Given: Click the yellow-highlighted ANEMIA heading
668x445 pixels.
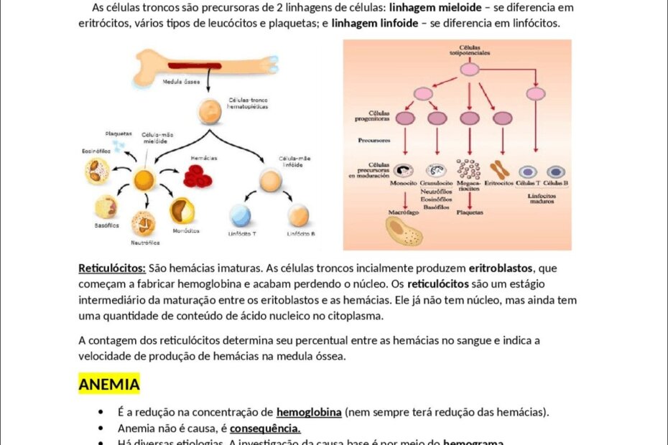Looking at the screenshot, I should point(108,385).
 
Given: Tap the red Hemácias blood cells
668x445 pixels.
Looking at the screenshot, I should point(198,176).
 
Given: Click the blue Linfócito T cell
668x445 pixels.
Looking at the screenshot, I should point(240,215).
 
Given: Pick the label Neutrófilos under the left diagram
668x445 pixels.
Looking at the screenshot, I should point(144,243).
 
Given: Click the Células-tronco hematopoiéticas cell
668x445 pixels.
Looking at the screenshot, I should point(208,112).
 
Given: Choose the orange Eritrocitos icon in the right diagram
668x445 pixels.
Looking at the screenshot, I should point(499,170).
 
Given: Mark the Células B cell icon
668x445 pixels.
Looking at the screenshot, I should point(555,172).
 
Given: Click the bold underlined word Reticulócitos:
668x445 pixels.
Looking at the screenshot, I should point(112,268).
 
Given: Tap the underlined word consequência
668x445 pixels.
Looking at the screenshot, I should point(265,428).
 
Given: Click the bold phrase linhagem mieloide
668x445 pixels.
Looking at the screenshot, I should point(435,7).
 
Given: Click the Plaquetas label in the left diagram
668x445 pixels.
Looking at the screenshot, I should point(119,133).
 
